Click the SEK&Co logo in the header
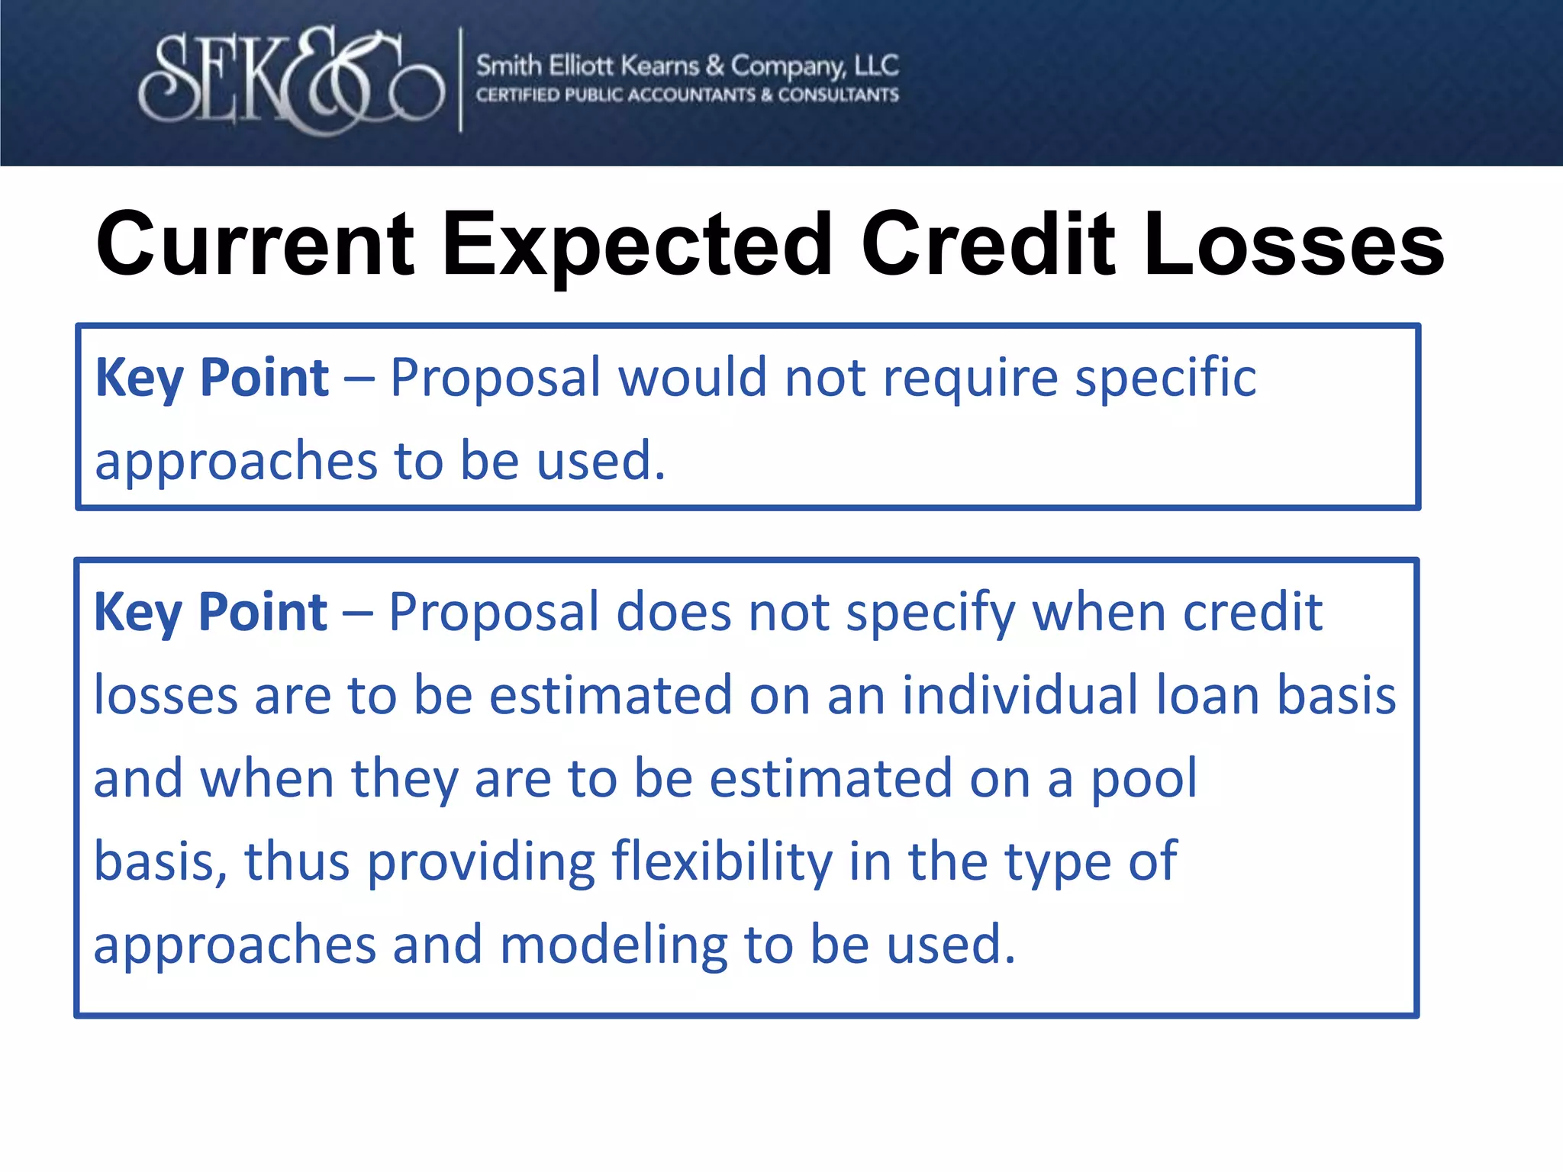[x=292, y=80]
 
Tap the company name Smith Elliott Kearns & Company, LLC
[x=687, y=66]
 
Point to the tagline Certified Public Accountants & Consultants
[x=687, y=95]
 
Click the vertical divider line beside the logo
[x=460, y=80]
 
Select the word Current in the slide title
[x=256, y=244]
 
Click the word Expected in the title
[x=637, y=244]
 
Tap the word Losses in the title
[x=1294, y=244]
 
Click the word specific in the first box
[x=1165, y=379]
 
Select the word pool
[x=1144, y=781]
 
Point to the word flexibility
[x=722, y=861]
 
